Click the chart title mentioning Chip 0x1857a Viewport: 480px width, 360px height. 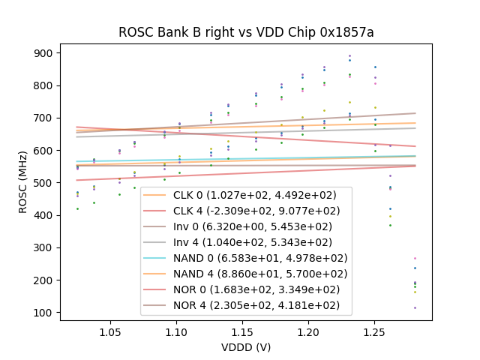pyautogui.click(x=246, y=32)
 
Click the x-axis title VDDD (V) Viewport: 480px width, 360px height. pyautogui.click(x=246, y=347)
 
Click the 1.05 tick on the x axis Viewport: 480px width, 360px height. pyautogui.click(x=110, y=331)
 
